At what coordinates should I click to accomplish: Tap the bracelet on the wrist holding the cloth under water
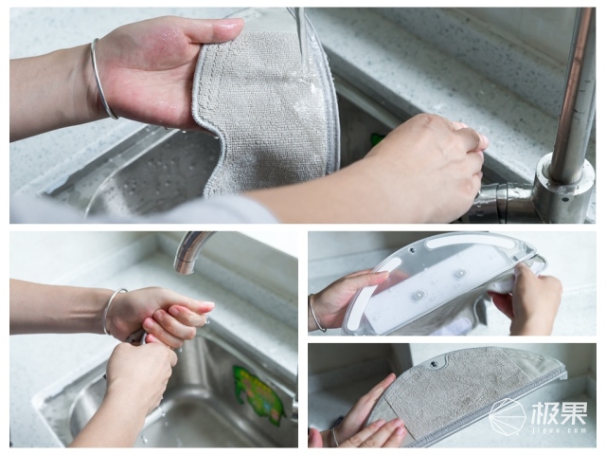[101, 80]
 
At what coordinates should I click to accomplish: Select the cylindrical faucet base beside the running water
[564, 189]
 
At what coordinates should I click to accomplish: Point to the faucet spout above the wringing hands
[192, 251]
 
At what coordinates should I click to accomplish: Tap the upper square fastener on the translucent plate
[459, 274]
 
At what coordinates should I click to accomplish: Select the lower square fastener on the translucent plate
[419, 297]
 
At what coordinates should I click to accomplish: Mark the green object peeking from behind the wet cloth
[377, 138]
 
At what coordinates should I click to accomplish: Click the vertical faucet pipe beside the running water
[573, 89]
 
